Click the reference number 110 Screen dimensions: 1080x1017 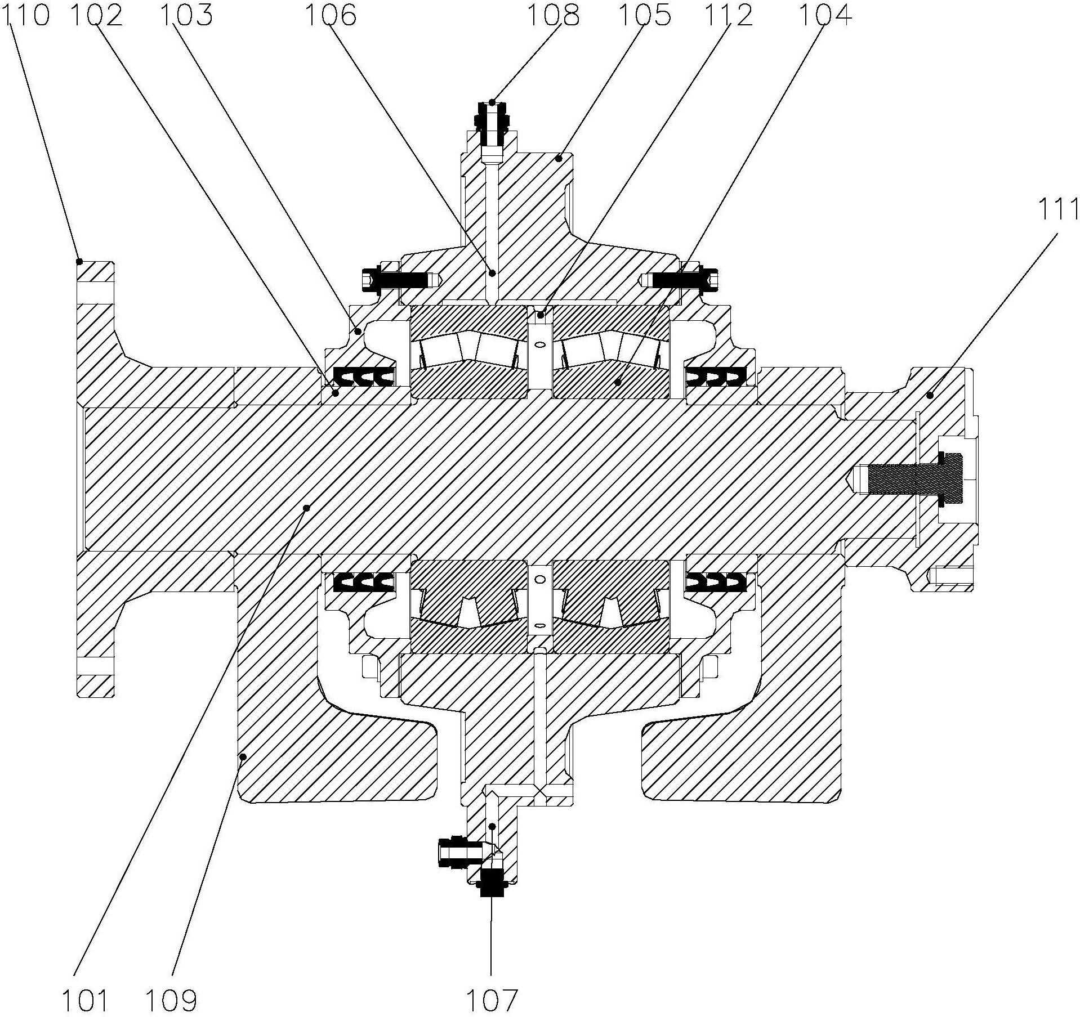(x=26, y=15)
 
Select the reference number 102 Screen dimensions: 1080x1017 (x=96, y=15)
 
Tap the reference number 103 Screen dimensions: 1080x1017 (x=186, y=15)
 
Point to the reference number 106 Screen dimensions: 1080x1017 (x=331, y=15)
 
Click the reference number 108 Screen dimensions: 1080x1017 (x=553, y=15)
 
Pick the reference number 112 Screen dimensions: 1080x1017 (x=727, y=15)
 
